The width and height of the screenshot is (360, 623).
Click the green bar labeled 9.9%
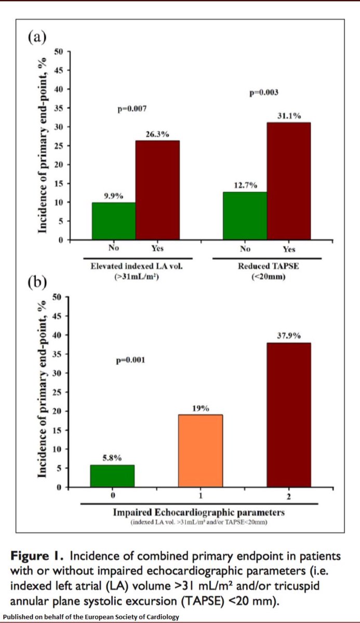pos(113,221)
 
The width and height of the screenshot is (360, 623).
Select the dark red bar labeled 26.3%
pos(158,190)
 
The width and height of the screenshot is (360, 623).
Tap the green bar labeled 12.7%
pos(245,215)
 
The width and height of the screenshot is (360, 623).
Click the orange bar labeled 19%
pos(201,451)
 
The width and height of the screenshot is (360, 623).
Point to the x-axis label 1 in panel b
pos(201,496)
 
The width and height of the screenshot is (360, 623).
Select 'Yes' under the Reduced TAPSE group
pos(289,249)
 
